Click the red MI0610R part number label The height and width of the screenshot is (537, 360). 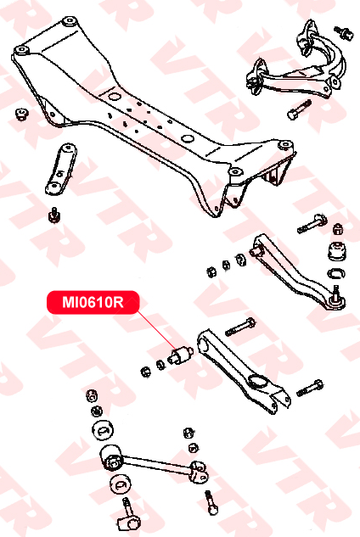click(x=93, y=302)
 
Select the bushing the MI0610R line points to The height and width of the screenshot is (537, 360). click(x=181, y=355)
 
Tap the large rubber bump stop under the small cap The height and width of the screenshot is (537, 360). click(x=337, y=252)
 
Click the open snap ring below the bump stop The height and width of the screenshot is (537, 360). click(x=336, y=274)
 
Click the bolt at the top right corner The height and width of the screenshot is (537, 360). click(x=344, y=32)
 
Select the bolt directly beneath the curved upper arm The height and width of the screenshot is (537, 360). click(x=299, y=110)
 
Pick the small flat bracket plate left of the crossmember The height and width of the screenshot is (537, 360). click(x=61, y=169)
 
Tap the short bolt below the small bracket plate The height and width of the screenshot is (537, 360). click(x=54, y=214)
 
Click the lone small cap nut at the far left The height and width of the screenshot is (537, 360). click(x=22, y=114)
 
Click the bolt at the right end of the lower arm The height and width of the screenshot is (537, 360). click(x=310, y=388)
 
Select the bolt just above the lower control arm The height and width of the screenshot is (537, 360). click(x=240, y=327)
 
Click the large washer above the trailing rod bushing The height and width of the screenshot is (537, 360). click(x=103, y=429)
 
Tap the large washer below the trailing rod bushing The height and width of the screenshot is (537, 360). click(x=121, y=484)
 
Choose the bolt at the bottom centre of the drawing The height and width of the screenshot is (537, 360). click(x=211, y=502)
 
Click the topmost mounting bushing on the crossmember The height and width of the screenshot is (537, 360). click(x=70, y=20)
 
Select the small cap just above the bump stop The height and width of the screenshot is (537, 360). click(x=338, y=229)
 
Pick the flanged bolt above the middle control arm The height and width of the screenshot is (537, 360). click(x=312, y=223)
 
